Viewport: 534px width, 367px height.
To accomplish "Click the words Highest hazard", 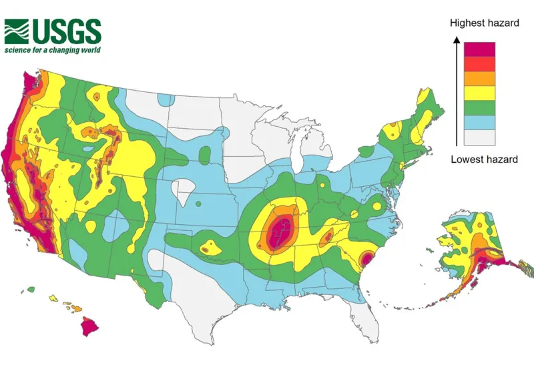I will coord(484,23).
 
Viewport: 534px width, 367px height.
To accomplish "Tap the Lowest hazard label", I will coord(484,159).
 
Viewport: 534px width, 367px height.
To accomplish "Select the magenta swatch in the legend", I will coord(480,49).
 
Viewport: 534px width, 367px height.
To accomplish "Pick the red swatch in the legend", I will coord(480,63).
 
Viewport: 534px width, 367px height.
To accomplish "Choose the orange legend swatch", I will coord(480,78).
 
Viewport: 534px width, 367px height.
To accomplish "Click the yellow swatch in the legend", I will coord(480,93).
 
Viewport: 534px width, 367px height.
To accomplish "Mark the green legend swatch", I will coord(480,107).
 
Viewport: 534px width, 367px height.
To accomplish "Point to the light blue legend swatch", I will coord(480,122).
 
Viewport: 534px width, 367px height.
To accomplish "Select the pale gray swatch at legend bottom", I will coord(480,137).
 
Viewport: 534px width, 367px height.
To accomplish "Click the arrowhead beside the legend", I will coord(456,40).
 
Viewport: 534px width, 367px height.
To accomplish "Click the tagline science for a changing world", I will coord(53,50).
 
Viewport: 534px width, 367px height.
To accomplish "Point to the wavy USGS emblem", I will coord(17,31).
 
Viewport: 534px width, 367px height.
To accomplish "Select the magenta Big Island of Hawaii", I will coord(90,326).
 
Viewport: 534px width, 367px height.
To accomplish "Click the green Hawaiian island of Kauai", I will coord(31,290).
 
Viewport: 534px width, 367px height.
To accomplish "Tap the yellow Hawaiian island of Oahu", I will coord(52,299).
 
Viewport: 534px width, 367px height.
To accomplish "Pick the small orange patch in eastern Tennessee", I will coord(327,236).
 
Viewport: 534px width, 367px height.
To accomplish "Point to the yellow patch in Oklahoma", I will coord(209,247).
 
